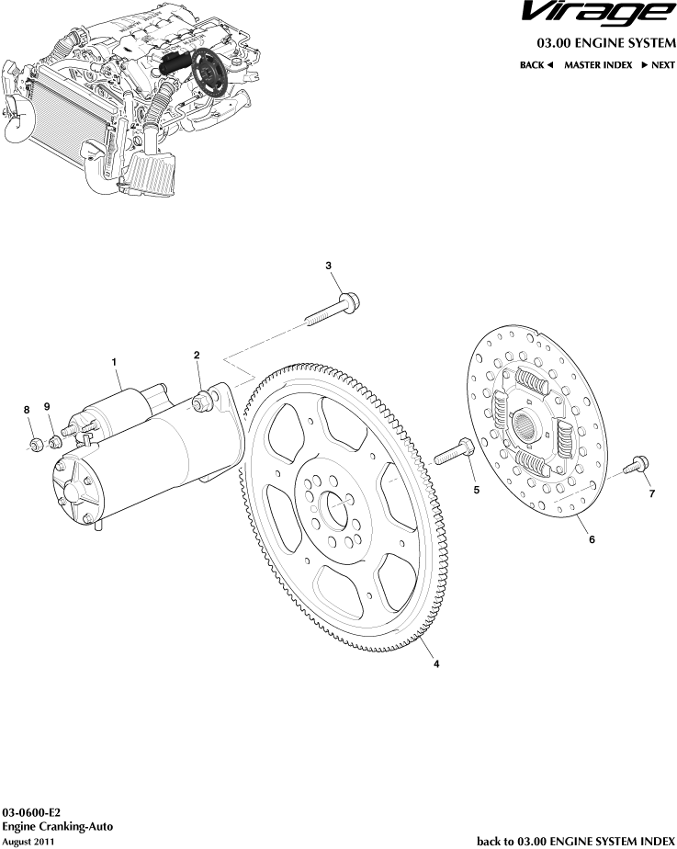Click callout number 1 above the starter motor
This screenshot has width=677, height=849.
click(116, 362)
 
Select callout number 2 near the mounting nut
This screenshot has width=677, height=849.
click(196, 355)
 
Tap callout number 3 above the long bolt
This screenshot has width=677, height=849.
click(329, 266)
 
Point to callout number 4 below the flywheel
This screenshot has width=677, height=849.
click(435, 663)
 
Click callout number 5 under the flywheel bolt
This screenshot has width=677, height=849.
click(476, 491)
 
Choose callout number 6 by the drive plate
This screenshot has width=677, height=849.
click(592, 539)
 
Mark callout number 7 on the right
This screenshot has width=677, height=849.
click(651, 494)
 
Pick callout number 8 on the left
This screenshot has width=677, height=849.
click(27, 409)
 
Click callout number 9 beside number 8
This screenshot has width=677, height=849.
click(48, 407)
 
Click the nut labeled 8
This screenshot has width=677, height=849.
click(34, 445)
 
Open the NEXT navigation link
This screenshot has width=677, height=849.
click(658, 65)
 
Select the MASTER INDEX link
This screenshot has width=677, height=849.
click(597, 65)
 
